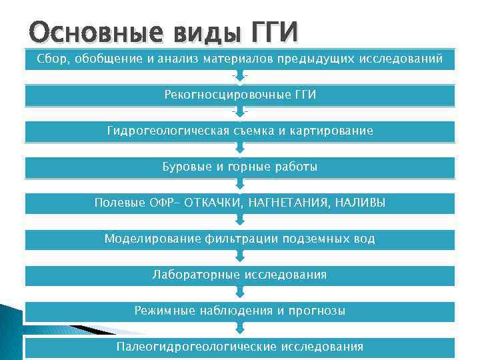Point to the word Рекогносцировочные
(x=217, y=95)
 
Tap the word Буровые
(x=187, y=167)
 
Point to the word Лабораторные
(x=197, y=275)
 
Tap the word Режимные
(x=163, y=311)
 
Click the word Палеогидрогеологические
(x=197, y=347)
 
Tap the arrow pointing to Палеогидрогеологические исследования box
(x=240, y=329)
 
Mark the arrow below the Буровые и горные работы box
(x=240, y=185)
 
